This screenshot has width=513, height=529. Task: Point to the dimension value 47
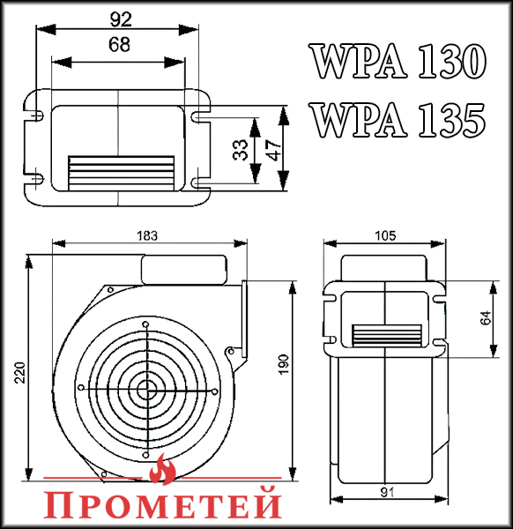275,149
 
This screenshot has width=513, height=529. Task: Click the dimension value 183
147,235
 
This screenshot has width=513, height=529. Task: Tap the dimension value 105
384,235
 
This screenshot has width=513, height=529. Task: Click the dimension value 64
486,318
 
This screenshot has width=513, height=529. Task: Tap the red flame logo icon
162,470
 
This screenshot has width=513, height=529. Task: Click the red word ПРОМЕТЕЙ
163,503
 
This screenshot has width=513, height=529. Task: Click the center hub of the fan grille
145,388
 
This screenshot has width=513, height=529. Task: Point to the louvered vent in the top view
122,170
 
